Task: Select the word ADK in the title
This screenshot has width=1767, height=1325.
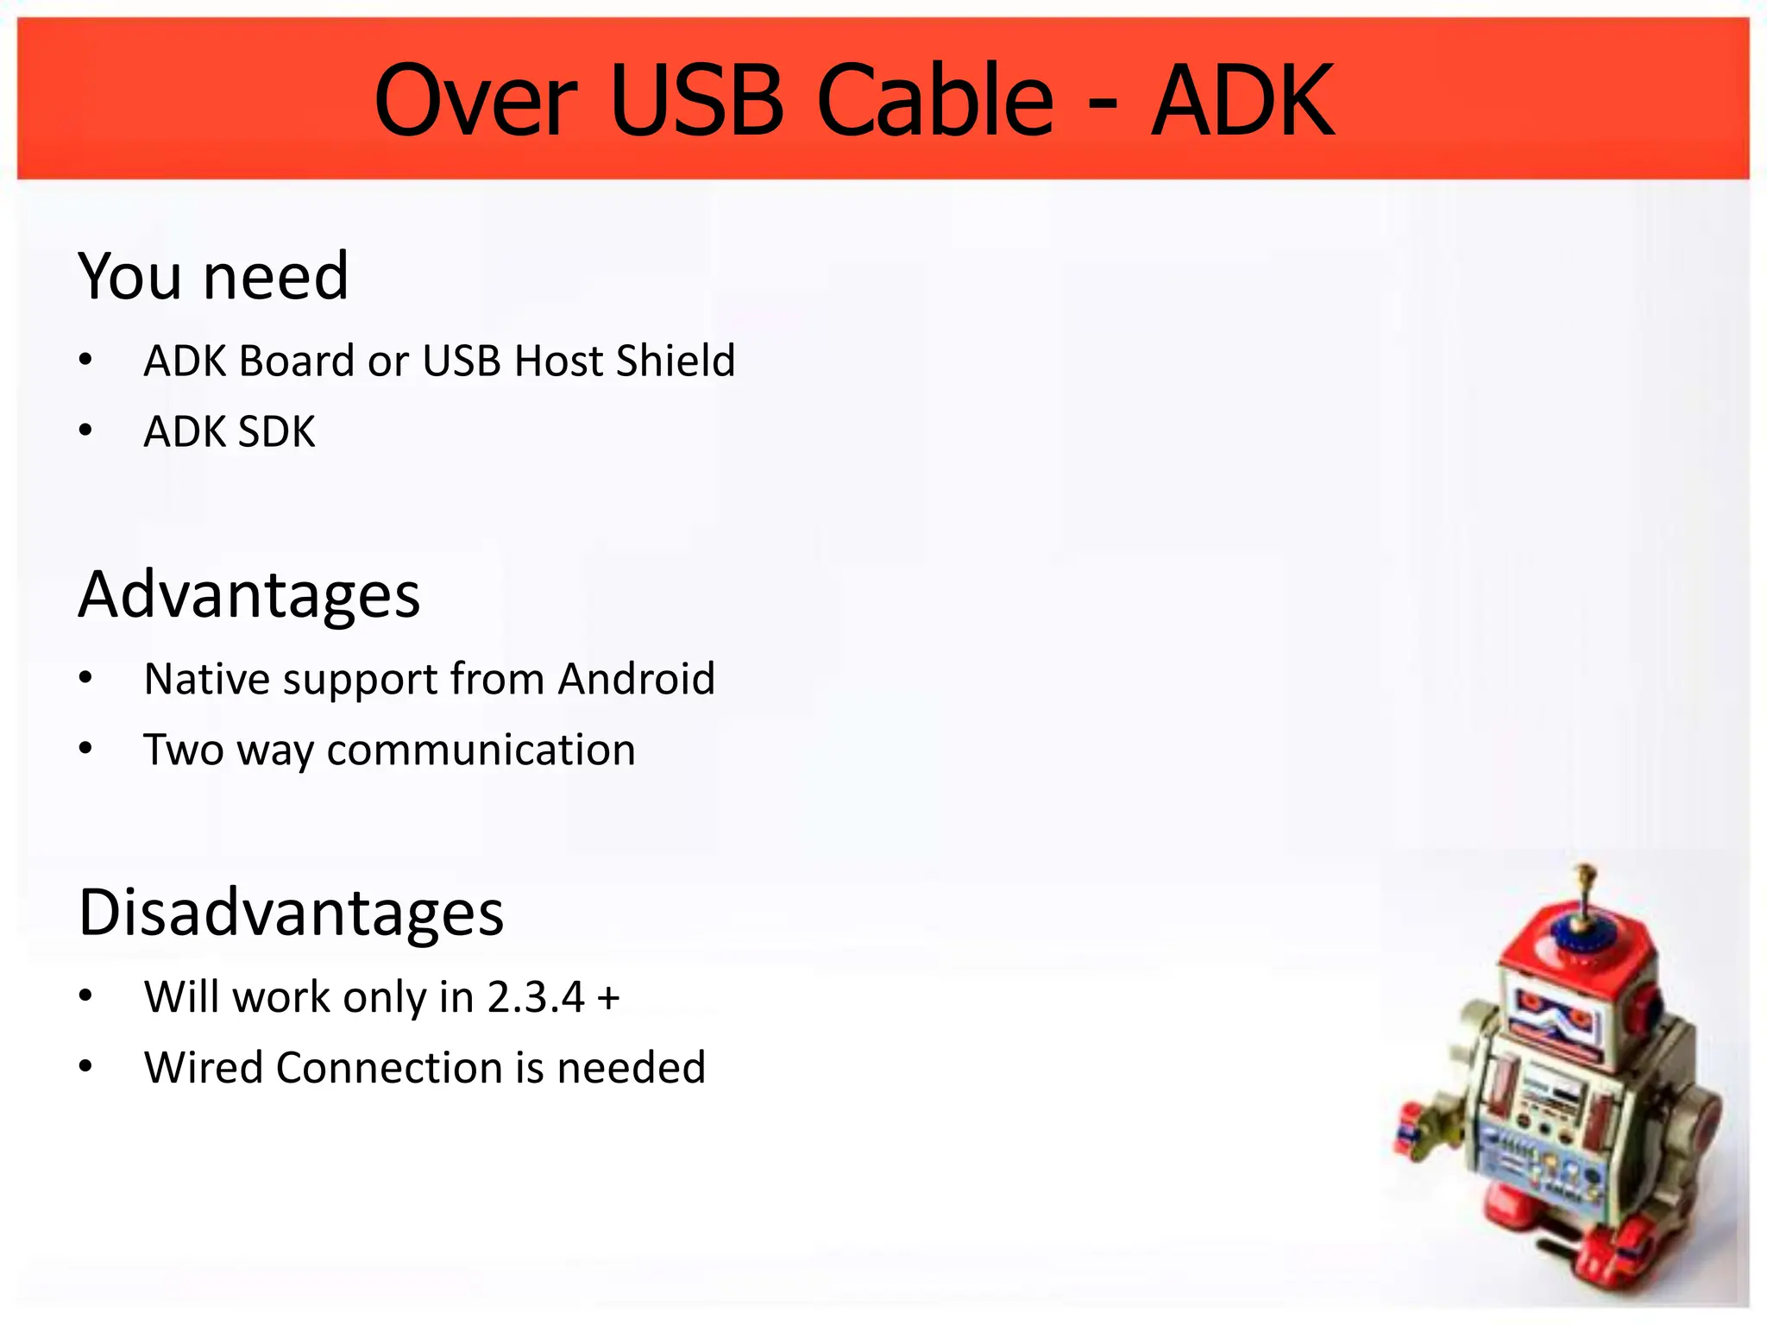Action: click(1243, 101)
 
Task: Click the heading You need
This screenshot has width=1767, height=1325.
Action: click(213, 276)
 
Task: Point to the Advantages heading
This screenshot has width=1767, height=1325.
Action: click(249, 595)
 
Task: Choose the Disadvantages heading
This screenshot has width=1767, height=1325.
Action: click(291, 913)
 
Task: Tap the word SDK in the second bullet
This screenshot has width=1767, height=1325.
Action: click(277, 431)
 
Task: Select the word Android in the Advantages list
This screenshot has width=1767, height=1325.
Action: click(637, 679)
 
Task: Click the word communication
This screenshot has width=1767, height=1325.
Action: click(481, 750)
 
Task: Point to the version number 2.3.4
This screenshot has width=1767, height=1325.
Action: click(536, 997)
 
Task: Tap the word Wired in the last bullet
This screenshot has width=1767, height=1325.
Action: click(204, 1068)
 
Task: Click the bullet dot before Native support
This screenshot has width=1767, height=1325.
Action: click(85, 679)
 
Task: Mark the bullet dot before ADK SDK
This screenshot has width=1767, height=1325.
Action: click(85, 431)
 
